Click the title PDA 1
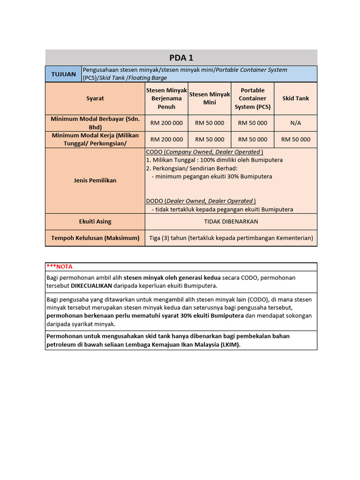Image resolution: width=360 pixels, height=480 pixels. [x=181, y=58]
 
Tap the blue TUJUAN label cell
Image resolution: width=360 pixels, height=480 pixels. [x=63, y=74]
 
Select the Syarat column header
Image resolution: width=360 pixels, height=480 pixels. [x=95, y=98]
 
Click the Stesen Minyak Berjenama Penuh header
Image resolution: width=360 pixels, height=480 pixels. [x=166, y=98]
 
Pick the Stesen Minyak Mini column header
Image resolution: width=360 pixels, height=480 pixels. [x=210, y=98]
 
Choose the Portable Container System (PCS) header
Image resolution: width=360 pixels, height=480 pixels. [x=253, y=98]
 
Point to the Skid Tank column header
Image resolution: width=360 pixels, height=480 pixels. [x=295, y=98]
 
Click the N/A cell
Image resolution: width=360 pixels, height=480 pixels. [x=295, y=123]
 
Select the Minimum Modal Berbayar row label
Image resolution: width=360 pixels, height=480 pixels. [x=95, y=123]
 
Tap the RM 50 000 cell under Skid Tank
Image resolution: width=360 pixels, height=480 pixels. [x=295, y=139]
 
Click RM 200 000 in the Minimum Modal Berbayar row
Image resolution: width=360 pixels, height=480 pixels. [x=166, y=123]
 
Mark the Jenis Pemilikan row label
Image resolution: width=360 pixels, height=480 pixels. [x=95, y=180]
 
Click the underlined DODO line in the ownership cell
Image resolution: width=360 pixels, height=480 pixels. [x=201, y=201]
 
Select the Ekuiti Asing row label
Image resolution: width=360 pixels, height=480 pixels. [x=95, y=221]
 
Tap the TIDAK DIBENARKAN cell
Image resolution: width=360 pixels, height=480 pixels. [x=231, y=221]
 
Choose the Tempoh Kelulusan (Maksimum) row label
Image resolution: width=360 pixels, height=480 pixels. [x=95, y=238]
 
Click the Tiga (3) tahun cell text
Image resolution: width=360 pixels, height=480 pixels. [x=231, y=238]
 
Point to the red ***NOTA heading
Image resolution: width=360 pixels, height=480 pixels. [x=60, y=266]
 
